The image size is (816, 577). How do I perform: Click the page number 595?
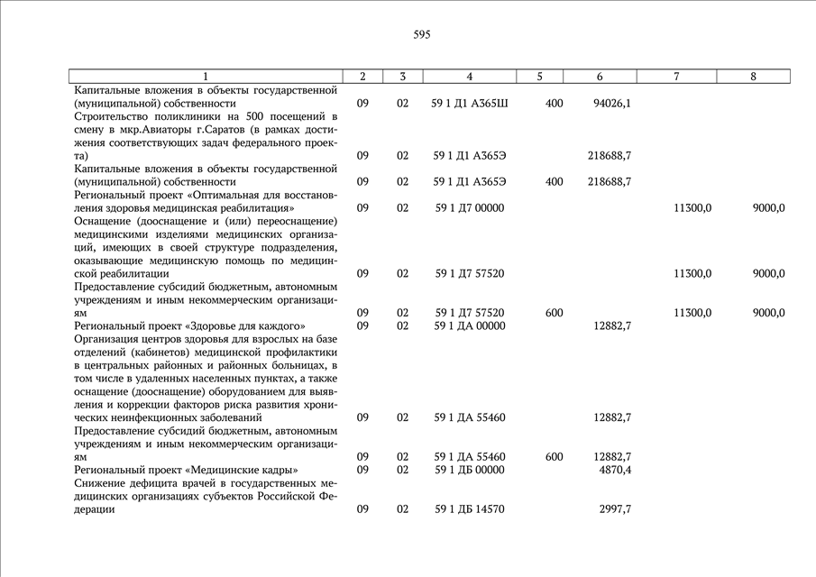coord(422,35)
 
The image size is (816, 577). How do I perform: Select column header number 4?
coord(469,77)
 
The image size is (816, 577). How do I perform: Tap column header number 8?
coord(753,77)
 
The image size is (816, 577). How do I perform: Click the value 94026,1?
coord(612,104)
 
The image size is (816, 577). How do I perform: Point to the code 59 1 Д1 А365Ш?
coord(470,104)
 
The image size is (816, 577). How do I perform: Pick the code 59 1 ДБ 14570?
coord(469,509)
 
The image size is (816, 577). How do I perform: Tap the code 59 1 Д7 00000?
coord(469,208)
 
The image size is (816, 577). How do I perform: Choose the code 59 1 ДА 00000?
coord(469,325)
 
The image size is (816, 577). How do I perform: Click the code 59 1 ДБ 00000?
coord(469,470)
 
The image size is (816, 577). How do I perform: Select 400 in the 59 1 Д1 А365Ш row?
coord(555,104)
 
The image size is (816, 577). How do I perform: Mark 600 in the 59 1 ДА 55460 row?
coord(555,457)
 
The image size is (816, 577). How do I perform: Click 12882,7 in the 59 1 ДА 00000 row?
coord(612,325)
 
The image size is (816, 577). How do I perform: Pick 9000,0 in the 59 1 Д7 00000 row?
coord(768,208)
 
